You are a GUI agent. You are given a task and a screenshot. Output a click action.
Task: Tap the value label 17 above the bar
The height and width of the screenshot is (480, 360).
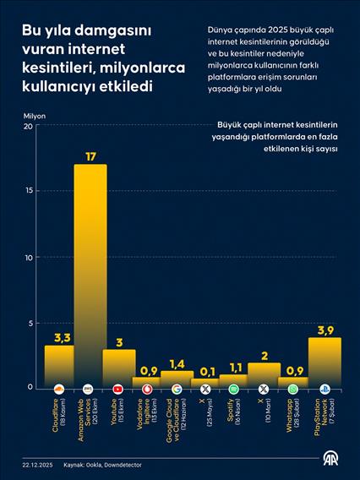coord(90,155)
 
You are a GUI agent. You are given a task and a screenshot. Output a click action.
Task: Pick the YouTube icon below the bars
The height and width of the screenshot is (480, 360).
coord(118,389)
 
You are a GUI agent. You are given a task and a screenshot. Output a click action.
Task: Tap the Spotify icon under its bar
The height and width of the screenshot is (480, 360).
coord(234,389)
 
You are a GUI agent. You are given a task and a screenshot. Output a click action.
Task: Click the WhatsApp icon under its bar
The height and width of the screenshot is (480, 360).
coord(293,389)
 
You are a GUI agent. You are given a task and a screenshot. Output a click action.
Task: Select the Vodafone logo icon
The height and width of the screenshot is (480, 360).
coord(147,389)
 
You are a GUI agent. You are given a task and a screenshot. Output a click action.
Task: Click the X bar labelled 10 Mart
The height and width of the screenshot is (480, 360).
coord(264,372)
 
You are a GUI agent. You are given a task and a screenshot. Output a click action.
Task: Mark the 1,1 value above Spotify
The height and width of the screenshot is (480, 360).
coord(234,367)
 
